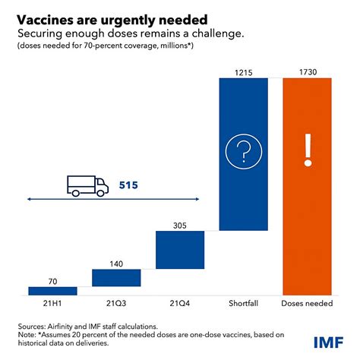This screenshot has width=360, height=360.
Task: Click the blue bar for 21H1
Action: pos(52,290)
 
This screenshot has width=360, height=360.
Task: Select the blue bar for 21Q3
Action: pos(116,277)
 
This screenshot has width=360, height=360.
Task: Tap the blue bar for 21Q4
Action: pos(180,249)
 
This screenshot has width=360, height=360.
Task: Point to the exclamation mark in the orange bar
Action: pos(307,150)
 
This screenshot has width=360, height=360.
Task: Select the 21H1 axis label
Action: pos(52,304)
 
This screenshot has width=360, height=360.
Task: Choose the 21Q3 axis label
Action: pos(116,304)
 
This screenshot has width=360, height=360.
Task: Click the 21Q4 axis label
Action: pos(180,304)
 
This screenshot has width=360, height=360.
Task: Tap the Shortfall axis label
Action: pos(243,304)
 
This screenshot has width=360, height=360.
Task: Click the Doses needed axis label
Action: pos(307,304)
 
